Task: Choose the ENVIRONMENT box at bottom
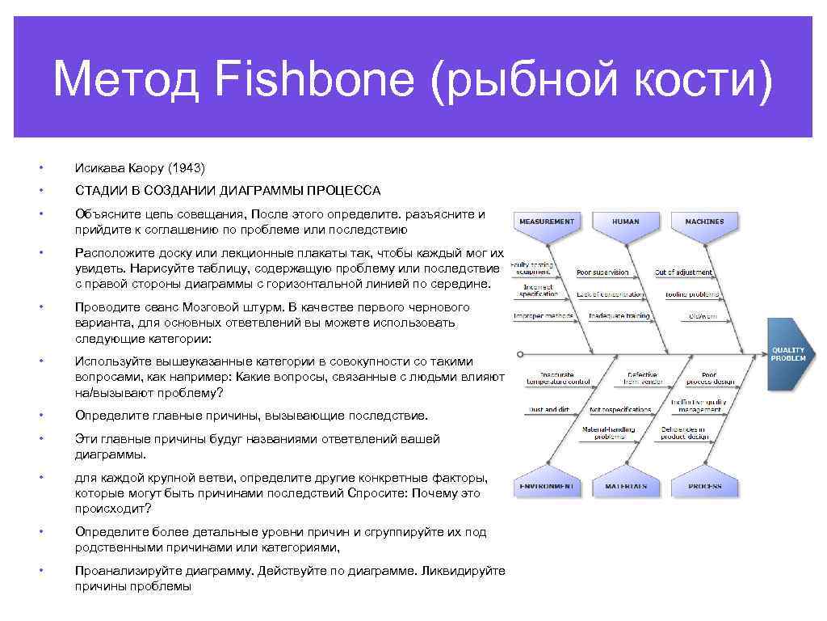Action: (x=547, y=487)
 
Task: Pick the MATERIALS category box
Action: (x=625, y=487)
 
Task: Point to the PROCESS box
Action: (x=704, y=487)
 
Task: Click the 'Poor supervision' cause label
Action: (x=602, y=272)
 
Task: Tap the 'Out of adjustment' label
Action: (x=683, y=272)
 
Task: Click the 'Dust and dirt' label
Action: (x=548, y=409)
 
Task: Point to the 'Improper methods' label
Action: (x=544, y=316)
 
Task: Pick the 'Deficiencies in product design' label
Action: (x=684, y=433)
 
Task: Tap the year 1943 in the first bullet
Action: (x=187, y=168)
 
